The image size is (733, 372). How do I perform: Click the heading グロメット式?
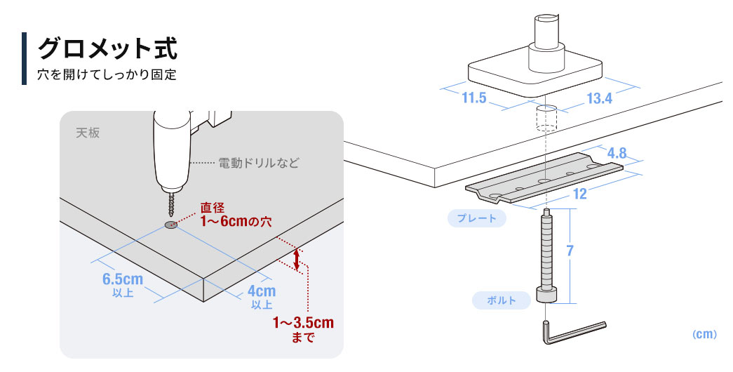107,48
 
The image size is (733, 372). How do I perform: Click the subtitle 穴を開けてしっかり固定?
107,74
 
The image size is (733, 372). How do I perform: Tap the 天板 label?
88,132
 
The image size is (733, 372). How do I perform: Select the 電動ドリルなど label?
258,164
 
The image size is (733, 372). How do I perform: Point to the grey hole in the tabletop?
170,225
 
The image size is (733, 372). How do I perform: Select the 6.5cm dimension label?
123,279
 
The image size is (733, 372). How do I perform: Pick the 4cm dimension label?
262,291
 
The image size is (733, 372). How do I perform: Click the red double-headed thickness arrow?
297,260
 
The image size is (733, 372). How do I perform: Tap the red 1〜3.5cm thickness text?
303,324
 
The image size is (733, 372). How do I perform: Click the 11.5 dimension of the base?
473,98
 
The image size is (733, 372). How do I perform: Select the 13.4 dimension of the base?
600,99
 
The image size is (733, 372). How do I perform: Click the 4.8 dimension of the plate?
617,152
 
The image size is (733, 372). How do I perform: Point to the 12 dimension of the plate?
580,194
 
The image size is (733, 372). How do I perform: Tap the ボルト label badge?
502,300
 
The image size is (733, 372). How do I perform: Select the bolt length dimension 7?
570,251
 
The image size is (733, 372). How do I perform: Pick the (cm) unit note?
704,335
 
